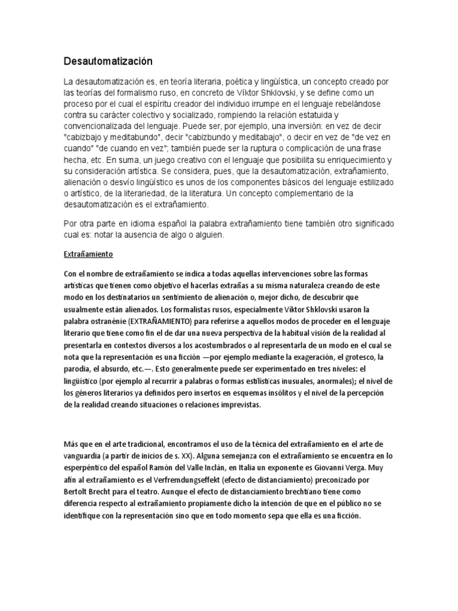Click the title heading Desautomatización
[109, 61]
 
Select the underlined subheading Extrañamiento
[88, 254]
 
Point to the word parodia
[78, 368]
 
